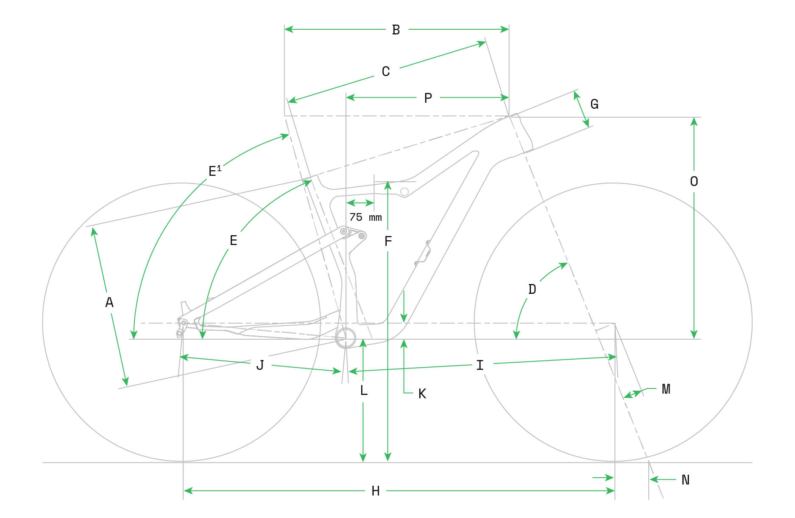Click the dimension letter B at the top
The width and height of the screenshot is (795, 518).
coord(396,30)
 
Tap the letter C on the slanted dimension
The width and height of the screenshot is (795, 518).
coord(386,71)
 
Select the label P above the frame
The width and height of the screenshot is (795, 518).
coord(428,98)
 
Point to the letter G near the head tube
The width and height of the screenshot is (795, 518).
coord(594,104)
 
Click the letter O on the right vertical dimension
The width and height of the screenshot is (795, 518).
coord(694,181)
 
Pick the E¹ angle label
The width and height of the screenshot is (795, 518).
coord(215,171)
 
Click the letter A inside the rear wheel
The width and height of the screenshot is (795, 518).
coord(109,302)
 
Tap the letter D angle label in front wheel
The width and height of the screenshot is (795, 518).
coord(532,289)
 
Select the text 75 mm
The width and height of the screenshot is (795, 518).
coord(365,217)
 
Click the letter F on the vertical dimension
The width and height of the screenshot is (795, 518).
coord(388,241)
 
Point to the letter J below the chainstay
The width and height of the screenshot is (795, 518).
coord(260,365)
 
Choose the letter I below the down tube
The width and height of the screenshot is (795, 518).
coord(480,365)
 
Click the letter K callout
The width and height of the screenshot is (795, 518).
coord(422,394)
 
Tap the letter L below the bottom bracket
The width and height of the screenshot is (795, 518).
coord(364,390)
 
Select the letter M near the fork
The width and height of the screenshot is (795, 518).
coord(666,388)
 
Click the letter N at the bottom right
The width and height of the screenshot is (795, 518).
coord(686,480)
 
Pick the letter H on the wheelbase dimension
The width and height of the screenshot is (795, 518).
coord(376,491)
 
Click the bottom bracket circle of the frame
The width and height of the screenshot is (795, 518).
coord(346,338)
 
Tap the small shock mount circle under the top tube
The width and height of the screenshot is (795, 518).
coord(404,192)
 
